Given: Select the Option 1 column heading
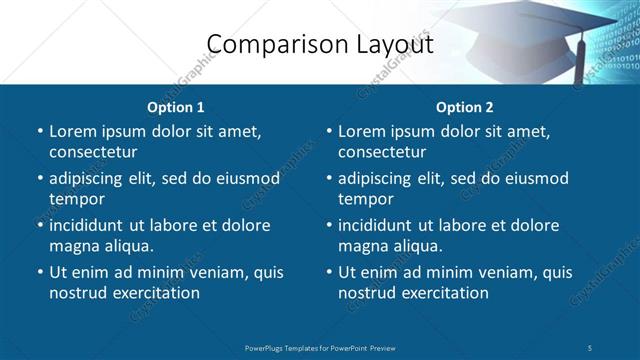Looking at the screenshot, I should click(x=176, y=107).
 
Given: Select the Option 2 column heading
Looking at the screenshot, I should click(x=465, y=107).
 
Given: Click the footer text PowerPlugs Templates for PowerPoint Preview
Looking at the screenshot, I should click(x=319, y=347).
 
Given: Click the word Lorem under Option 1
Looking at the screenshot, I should click(x=73, y=131).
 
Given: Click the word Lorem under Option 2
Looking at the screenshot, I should click(x=362, y=131).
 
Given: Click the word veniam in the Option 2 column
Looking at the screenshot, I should click(x=507, y=272).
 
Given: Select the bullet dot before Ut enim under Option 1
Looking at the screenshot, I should click(x=39, y=272).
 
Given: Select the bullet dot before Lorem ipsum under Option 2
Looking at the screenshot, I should click(x=328, y=131).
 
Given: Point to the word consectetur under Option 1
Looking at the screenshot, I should click(x=94, y=152).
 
